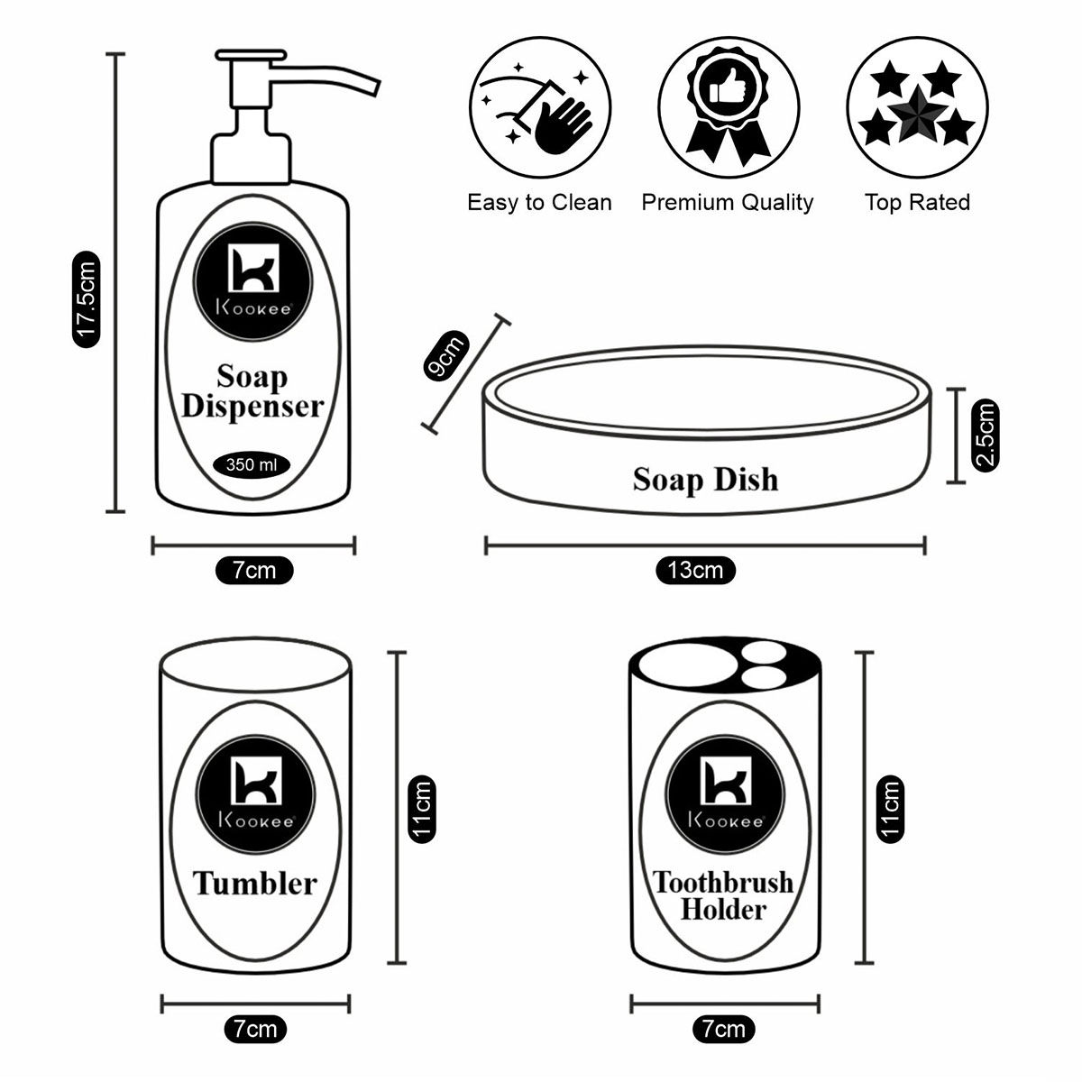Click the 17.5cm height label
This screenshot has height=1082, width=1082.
click(86, 298)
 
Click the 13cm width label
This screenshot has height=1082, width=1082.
click(695, 570)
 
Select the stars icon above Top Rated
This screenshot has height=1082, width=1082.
click(916, 106)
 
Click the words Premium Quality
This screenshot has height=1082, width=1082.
click(727, 203)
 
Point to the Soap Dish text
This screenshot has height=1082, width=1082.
click(705, 479)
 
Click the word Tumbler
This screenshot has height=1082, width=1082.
click(255, 883)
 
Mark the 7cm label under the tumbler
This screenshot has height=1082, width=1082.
click(254, 1028)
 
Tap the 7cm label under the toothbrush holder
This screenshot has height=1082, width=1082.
click(723, 1028)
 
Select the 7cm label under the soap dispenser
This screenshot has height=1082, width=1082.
click(254, 570)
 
